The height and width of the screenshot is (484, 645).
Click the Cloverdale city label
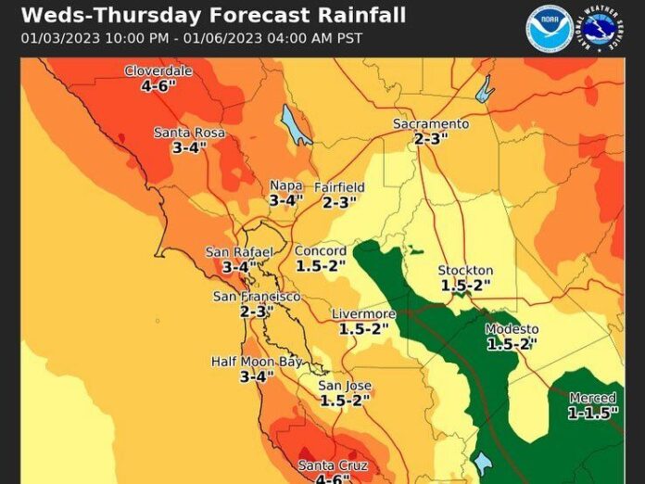click(x=158, y=70)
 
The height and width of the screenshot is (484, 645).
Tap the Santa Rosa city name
click(x=189, y=133)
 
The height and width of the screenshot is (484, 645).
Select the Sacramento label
click(x=431, y=123)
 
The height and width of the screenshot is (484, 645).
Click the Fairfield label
click(x=339, y=187)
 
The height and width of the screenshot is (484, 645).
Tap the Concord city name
click(x=321, y=250)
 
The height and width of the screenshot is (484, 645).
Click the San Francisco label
click(x=257, y=296)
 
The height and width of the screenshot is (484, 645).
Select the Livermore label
click(x=364, y=314)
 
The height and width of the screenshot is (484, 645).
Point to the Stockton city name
click(x=465, y=271)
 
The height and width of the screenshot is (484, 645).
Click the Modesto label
click(x=512, y=329)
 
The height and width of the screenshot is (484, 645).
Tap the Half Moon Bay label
click(x=257, y=362)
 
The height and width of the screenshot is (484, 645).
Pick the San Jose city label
click(x=345, y=386)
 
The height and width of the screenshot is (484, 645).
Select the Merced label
click(x=592, y=398)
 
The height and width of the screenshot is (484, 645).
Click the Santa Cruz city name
click(x=333, y=465)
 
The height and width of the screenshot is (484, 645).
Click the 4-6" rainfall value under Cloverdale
click(x=158, y=85)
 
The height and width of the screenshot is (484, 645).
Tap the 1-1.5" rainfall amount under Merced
click(x=593, y=414)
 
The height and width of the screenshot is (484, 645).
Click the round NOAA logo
click(x=550, y=29)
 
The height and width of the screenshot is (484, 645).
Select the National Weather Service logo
click(x=601, y=29)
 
